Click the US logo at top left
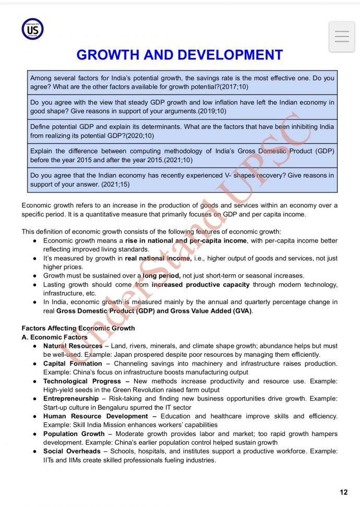(x=32, y=29)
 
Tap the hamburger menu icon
(x=342, y=37)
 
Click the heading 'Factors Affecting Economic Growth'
(x=78, y=328)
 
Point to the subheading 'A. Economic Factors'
(x=54, y=337)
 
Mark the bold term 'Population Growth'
(x=74, y=434)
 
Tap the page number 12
(x=343, y=492)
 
